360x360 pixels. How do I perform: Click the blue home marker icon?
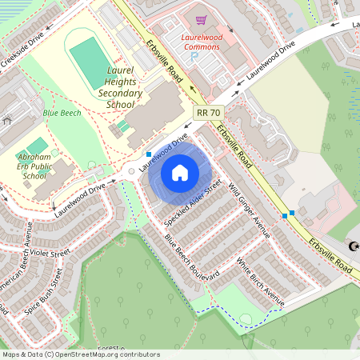coord(180,172)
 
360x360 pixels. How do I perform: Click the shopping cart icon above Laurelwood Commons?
coord(202,19)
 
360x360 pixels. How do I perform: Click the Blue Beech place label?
coord(56,114)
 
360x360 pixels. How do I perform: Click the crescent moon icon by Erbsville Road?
coord(353,246)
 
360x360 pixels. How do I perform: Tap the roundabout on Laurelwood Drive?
coord(130,170)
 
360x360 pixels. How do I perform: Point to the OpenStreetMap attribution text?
coord(80,354)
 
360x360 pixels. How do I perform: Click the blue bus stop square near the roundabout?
coord(149,154)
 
